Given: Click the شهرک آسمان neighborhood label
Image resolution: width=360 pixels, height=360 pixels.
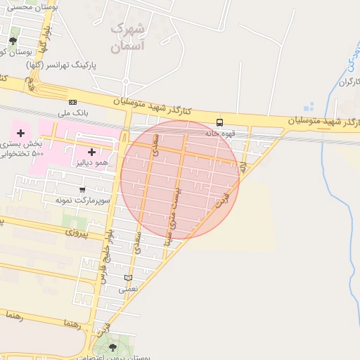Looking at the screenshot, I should point(128,38).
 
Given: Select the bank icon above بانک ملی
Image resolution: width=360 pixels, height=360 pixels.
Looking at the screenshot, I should point(72,102).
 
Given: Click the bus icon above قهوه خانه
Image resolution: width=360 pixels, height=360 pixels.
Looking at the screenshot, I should point(220,122).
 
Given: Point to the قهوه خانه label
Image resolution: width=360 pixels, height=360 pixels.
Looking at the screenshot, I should point(219,132).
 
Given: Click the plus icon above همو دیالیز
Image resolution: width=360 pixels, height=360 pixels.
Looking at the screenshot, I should point(91,152).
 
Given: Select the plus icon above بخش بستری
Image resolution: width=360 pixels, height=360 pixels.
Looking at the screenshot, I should point(20,133).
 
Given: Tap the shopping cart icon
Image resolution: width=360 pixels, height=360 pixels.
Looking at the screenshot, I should point(83,189).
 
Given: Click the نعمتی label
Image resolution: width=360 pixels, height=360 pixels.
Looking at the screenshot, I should point(127,288).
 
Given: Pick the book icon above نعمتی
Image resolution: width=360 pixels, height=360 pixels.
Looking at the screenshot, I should point(127,278).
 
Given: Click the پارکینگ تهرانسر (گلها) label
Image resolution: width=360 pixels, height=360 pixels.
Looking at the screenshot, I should point(62,65).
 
